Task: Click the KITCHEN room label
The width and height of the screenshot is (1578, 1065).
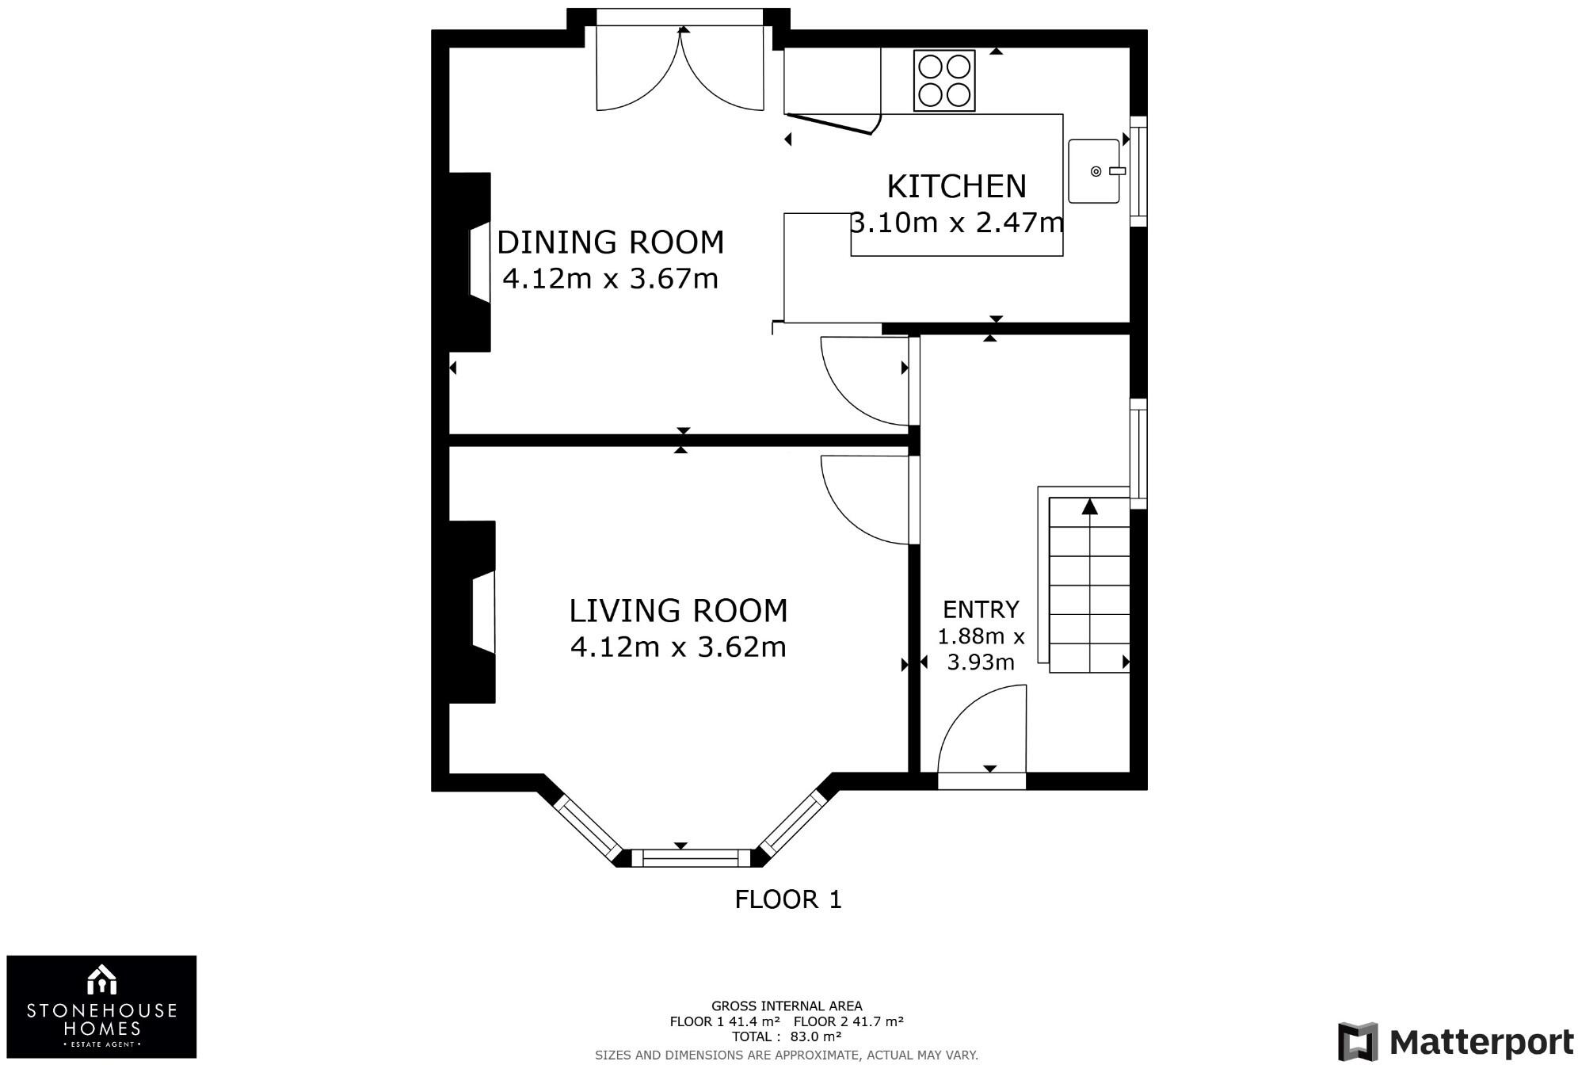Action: point(956,186)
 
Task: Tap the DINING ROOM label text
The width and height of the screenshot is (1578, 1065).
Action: point(610,242)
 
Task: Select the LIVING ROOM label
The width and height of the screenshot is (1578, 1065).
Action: point(678,611)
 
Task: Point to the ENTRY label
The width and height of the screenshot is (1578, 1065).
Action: point(981,609)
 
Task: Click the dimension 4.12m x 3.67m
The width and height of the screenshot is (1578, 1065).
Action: point(610,279)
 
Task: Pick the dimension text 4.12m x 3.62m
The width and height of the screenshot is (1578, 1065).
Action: point(678,647)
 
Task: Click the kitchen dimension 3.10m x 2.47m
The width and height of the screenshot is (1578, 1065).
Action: point(956,223)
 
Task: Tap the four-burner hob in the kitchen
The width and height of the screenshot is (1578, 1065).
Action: point(944,81)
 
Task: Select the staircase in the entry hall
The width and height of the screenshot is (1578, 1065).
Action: point(1089,585)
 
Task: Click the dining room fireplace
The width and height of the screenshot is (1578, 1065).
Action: point(471,262)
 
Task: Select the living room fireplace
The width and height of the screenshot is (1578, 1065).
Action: point(473,612)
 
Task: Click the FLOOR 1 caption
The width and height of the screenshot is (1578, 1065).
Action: point(788,899)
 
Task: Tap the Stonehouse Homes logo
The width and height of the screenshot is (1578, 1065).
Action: point(101,1006)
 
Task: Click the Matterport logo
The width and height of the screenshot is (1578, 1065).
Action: point(1456,1041)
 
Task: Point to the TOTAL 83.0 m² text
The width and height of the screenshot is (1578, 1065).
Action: point(787,1036)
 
